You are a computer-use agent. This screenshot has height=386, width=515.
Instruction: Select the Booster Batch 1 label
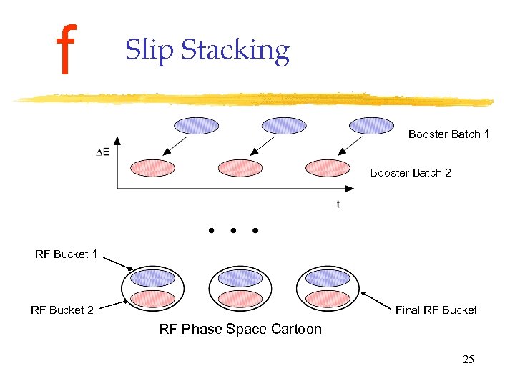tap(448, 134)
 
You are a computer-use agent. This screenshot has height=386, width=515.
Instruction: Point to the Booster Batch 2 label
tap(410, 173)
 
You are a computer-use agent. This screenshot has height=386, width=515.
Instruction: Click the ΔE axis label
tap(103, 152)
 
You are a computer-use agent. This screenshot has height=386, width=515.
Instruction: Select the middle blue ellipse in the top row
tap(284, 126)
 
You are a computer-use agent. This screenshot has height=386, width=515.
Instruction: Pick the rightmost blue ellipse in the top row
tap(371, 126)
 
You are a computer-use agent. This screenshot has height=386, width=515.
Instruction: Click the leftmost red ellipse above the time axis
tap(152, 168)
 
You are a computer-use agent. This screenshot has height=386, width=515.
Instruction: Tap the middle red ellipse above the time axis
tap(240, 168)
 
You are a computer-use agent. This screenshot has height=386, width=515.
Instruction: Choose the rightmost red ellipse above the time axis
tap(327, 168)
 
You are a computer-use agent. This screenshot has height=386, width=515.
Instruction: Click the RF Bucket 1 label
tap(66, 254)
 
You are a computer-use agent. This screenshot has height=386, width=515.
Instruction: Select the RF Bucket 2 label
tap(62, 310)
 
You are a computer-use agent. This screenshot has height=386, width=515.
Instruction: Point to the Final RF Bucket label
tap(436, 310)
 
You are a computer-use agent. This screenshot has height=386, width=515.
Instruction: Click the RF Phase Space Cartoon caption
tap(240, 329)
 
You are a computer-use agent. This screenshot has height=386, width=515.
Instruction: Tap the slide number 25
tap(468, 359)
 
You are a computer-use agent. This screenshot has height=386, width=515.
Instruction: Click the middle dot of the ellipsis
tap(233, 231)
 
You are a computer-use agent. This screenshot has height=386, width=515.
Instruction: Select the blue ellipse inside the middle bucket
tap(240, 278)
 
